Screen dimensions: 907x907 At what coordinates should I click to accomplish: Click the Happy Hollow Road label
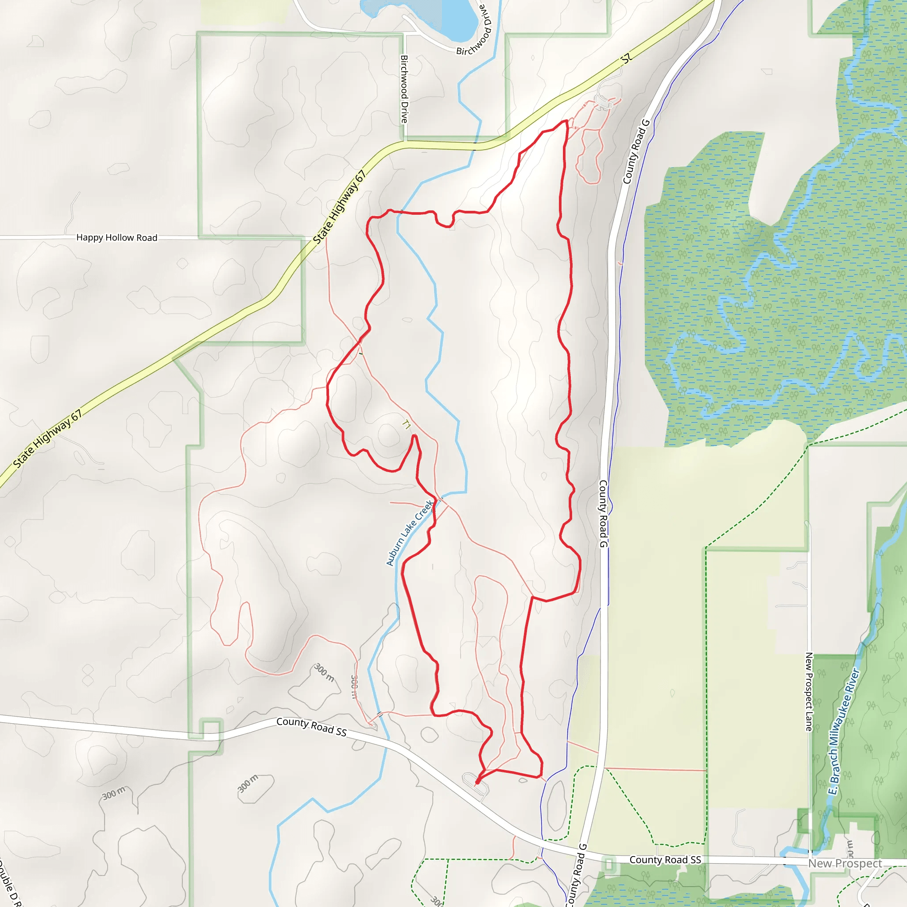pyautogui.click(x=116, y=237)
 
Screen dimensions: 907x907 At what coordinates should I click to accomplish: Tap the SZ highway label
pyautogui.click(x=626, y=59)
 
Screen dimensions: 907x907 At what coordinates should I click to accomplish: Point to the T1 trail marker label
pyautogui.click(x=407, y=425)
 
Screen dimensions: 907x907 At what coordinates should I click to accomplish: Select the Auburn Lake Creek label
pyautogui.click(x=409, y=533)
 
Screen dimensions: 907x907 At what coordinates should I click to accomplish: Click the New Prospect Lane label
pyautogui.click(x=809, y=691)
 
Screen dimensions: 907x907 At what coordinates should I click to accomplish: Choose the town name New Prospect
pyautogui.click(x=845, y=863)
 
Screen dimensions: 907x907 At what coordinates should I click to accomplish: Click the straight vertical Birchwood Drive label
pyautogui.click(x=404, y=89)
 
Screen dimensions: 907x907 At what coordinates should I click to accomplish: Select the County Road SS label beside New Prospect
pyautogui.click(x=665, y=860)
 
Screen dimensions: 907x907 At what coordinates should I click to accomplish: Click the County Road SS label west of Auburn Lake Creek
pyautogui.click(x=311, y=726)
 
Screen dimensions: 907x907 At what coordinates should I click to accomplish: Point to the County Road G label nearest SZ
pyautogui.click(x=636, y=151)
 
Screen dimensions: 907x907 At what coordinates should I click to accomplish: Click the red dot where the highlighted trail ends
pyautogui.click(x=477, y=782)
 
